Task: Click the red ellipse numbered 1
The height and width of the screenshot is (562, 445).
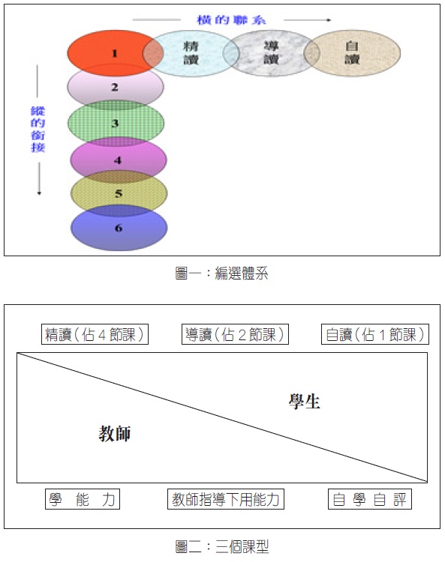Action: pyautogui.click(x=107, y=53)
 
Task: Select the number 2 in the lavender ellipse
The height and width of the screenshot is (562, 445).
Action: pyautogui.click(x=115, y=87)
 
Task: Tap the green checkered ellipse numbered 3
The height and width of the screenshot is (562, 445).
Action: pyautogui.click(x=116, y=123)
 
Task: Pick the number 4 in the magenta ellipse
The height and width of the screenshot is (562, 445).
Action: pyautogui.click(x=118, y=160)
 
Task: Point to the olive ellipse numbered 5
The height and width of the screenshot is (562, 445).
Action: pyautogui.click(x=119, y=193)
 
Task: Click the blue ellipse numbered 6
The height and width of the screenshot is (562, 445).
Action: pyautogui.click(x=119, y=228)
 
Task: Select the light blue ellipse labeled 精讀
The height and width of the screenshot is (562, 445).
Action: pyautogui.click(x=191, y=53)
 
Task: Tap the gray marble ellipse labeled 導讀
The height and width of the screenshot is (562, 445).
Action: pyautogui.click(x=271, y=53)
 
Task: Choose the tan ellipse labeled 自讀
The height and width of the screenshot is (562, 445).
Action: pyautogui.click(x=352, y=53)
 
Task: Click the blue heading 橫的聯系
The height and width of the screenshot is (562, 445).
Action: pyautogui.click(x=231, y=19)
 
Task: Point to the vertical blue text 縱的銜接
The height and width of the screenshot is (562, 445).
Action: pyautogui.click(x=38, y=129)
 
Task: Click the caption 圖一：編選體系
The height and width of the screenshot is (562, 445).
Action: pyautogui.click(x=221, y=273)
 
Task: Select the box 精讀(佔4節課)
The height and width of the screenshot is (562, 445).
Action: pyautogui.click(x=95, y=334)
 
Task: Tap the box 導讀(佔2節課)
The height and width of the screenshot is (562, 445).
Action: pyautogui.click(x=235, y=334)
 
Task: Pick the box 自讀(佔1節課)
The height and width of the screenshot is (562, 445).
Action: pyautogui.click(x=375, y=334)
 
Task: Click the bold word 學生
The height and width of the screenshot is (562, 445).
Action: pyautogui.click(x=305, y=401)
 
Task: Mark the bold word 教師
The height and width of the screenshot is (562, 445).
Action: pyautogui.click(x=115, y=433)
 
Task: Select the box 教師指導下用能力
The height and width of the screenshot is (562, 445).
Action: pyautogui.click(x=226, y=499)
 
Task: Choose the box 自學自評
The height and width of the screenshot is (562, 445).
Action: pyautogui.click(x=370, y=499)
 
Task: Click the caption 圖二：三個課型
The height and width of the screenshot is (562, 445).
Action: pyautogui.click(x=222, y=546)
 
